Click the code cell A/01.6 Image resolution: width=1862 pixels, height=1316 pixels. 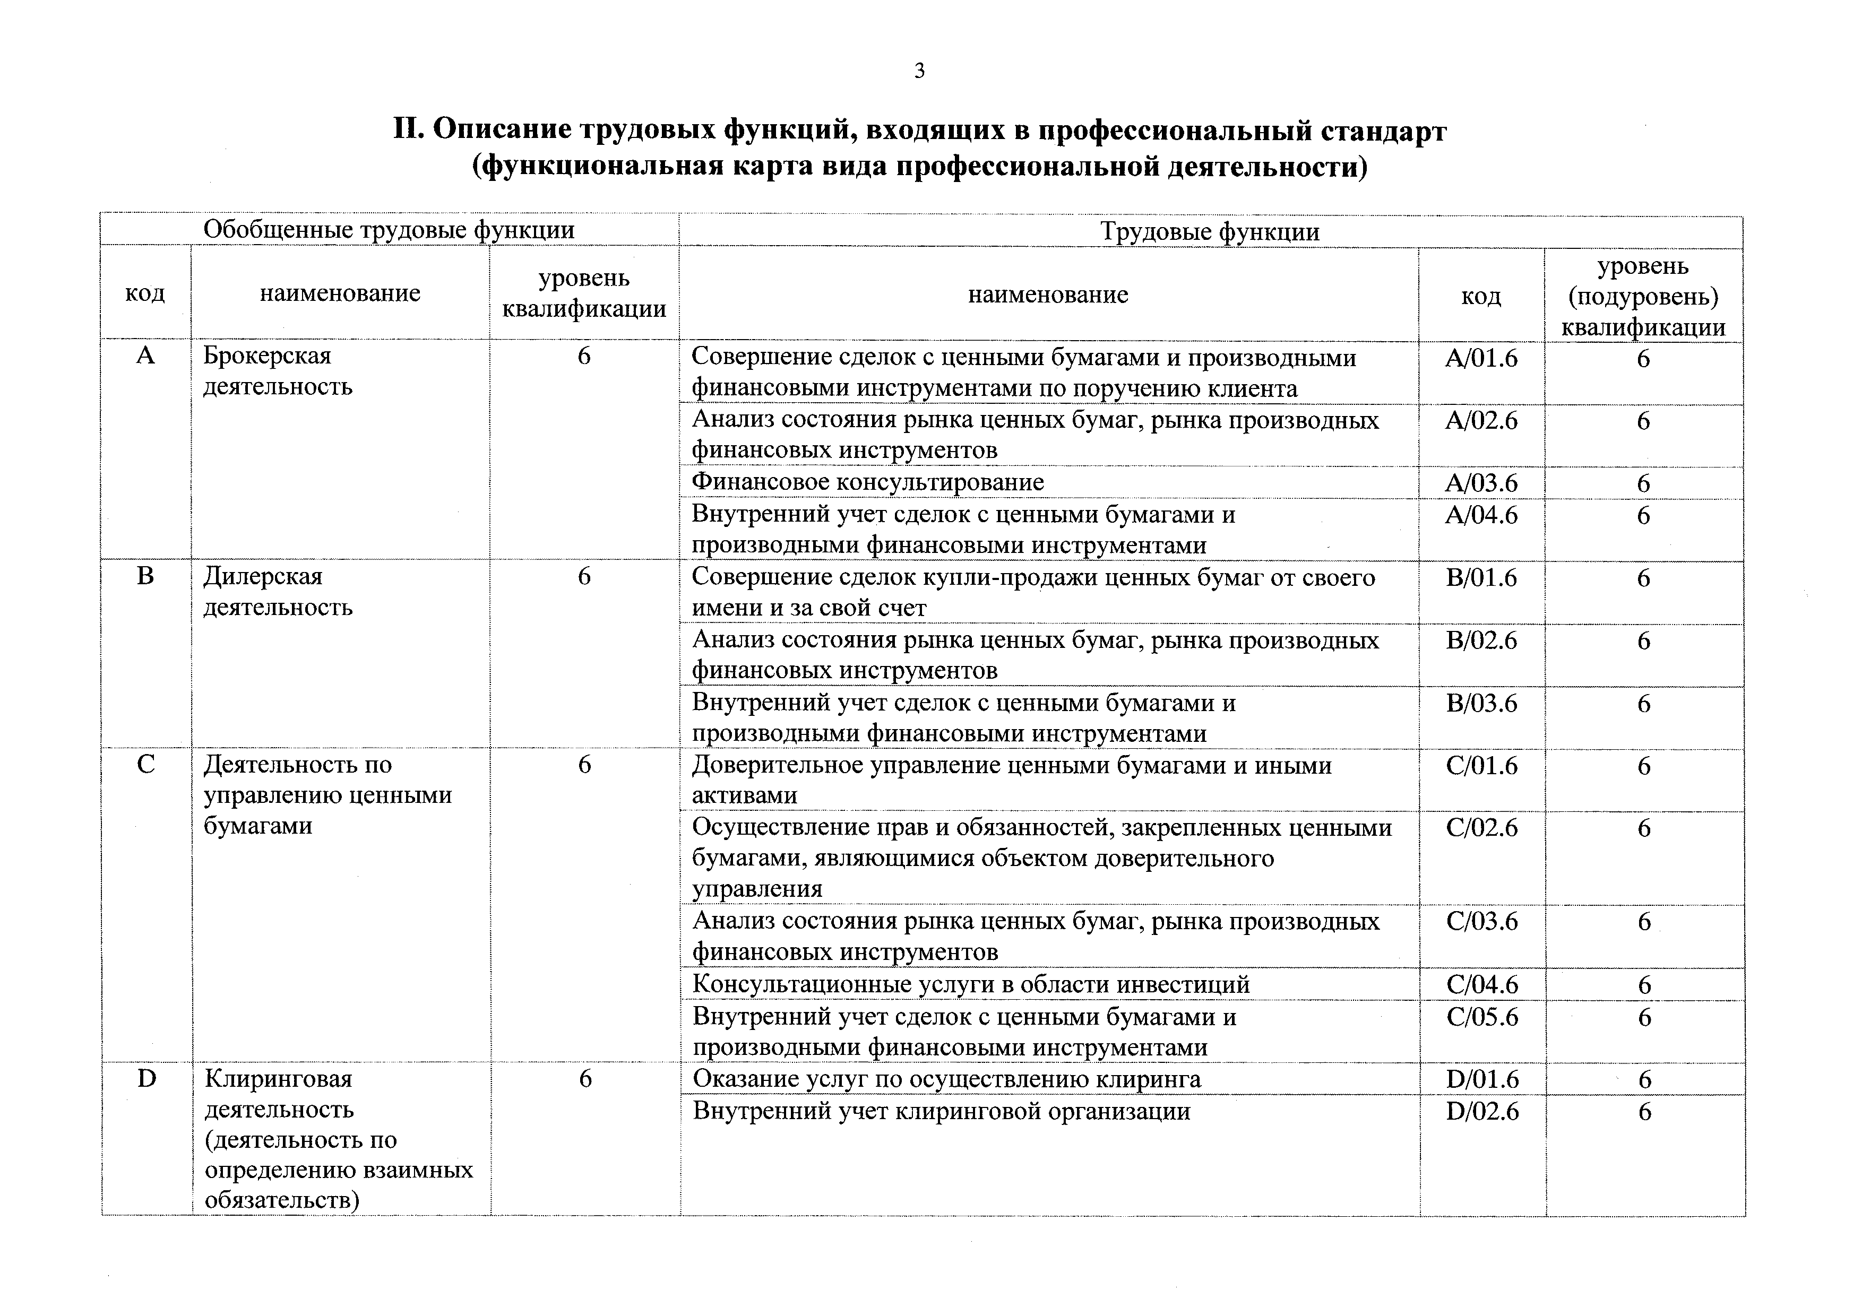[x=1481, y=358]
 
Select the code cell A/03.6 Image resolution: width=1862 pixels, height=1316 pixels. [x=1481, y=483]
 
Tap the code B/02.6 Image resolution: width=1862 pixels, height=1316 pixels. [x=1481, y=640]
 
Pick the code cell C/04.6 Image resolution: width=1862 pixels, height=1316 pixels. [x=1481, y=984]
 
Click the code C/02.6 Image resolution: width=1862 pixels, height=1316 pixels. [x=1481, y=828]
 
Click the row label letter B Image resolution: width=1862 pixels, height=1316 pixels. [x=145, y=576]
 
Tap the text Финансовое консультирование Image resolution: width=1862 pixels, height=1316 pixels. [x=867, y=482]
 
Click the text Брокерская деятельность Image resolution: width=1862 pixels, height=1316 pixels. [x=278, y=370]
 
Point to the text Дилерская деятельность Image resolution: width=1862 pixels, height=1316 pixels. [x=278, y=591]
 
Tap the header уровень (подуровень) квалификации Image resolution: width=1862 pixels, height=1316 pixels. [x=1643, y=296]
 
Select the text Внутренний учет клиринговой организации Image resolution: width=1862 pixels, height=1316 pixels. [x=941, y=1111]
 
